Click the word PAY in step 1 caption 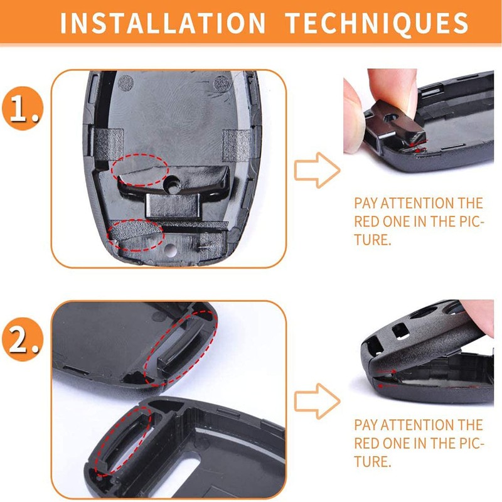pyautogui.click(x=366, y=203)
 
